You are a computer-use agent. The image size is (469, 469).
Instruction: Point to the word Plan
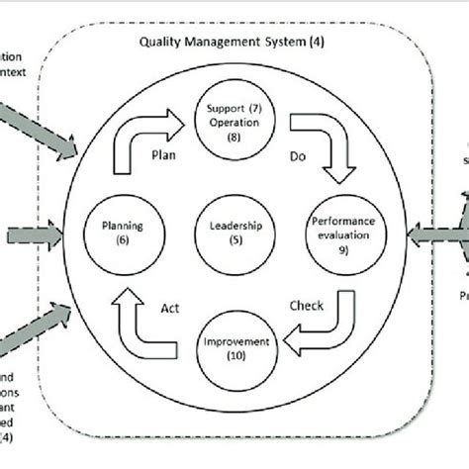pyautogui.click(x=163, y=155)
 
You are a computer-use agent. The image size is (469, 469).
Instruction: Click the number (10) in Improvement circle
pyautogui.click(x=234, y=355)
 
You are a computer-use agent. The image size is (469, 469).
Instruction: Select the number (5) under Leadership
pyautogui.click(x=234, y=239)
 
